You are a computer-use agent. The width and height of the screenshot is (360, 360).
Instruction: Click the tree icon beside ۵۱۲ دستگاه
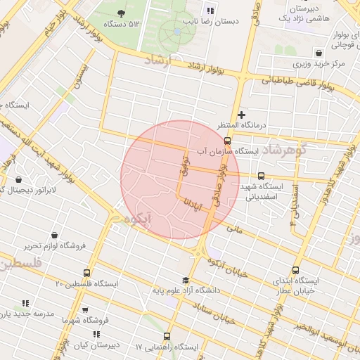(x=123, y=13)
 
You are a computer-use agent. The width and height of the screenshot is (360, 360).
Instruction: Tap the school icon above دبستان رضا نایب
(x=210, y=10)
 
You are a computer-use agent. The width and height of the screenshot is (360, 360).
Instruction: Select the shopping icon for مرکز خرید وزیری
(x=320, y=52)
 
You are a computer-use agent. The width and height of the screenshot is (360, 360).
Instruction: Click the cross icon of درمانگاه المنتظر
(x=242, y=114)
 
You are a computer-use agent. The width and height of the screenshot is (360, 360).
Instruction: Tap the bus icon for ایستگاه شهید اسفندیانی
(x=262, y=176)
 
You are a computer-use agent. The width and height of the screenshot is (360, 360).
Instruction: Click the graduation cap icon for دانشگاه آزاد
(x=185, y=280)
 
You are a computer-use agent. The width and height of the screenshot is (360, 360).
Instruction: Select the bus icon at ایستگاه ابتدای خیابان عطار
(x=295, y=269)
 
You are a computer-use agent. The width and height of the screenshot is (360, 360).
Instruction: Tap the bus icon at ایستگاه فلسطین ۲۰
(x=87, y=273)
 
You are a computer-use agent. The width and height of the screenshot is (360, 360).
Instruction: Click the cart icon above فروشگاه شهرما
(x=85, y=309)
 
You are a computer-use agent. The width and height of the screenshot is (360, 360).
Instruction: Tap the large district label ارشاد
(x=157, y=62)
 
